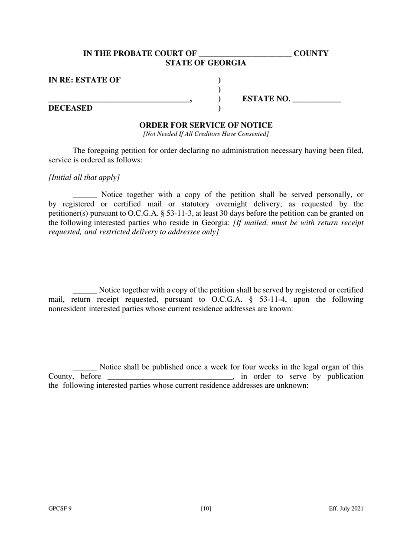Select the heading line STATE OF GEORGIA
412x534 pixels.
coord(206,63)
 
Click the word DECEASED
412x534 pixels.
coord(70,108)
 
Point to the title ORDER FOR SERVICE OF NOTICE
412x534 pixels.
coord(206,125)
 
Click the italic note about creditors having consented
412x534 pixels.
coord(206,134)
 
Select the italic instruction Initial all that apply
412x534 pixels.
coord(84,178)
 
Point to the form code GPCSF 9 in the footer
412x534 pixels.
coord(60,509)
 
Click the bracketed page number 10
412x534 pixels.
coord(206,509)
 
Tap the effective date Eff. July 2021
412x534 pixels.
coord(346,509)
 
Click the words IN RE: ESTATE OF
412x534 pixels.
coord(85,80)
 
